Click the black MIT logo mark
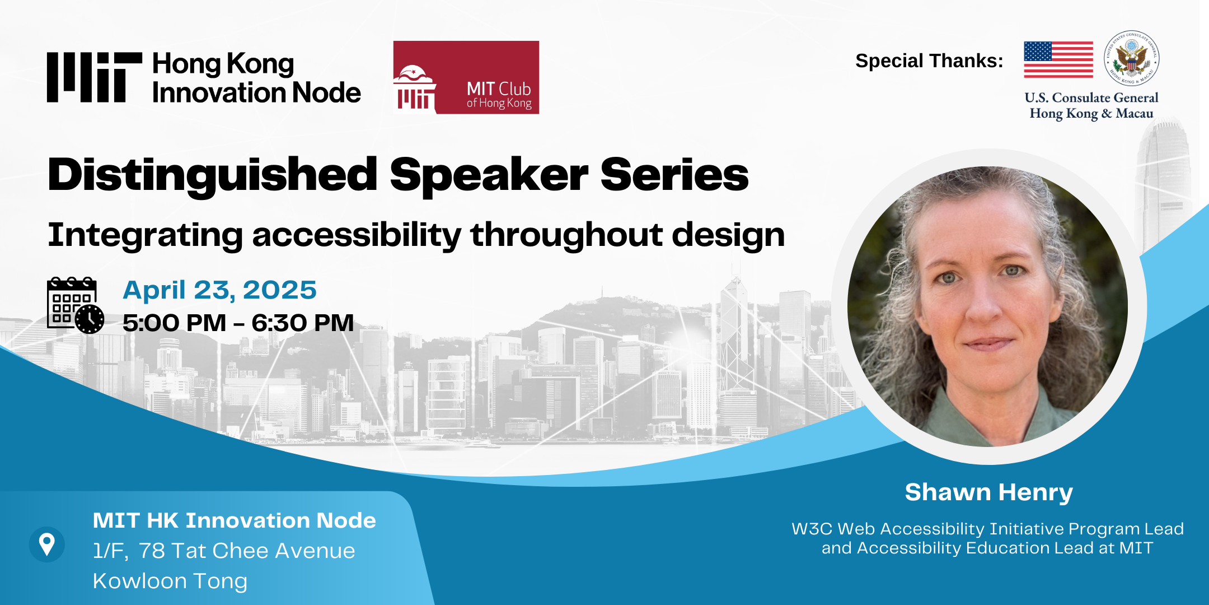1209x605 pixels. [95, 77]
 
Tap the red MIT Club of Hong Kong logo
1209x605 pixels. [466, 77]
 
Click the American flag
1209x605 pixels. [1058, 59]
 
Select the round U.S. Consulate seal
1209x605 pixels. [1132, 58]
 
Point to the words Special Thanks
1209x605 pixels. [929, 61]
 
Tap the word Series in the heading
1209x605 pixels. [674, 175]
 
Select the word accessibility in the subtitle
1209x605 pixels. [357, 235]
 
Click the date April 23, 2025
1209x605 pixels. [219, 291]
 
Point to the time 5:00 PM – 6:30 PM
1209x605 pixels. [238, 323]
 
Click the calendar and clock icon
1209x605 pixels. [76, 305]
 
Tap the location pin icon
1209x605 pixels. [47, 544]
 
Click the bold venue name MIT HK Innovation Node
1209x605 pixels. [235, 520]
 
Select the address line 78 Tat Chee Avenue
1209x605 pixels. [247, 551]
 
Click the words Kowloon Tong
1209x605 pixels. [170, 581]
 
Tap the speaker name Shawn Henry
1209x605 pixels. [989, 492]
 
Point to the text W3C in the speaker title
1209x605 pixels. [812, 529]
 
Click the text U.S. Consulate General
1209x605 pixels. [1091, 97]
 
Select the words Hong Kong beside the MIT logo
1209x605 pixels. [223, 65]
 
